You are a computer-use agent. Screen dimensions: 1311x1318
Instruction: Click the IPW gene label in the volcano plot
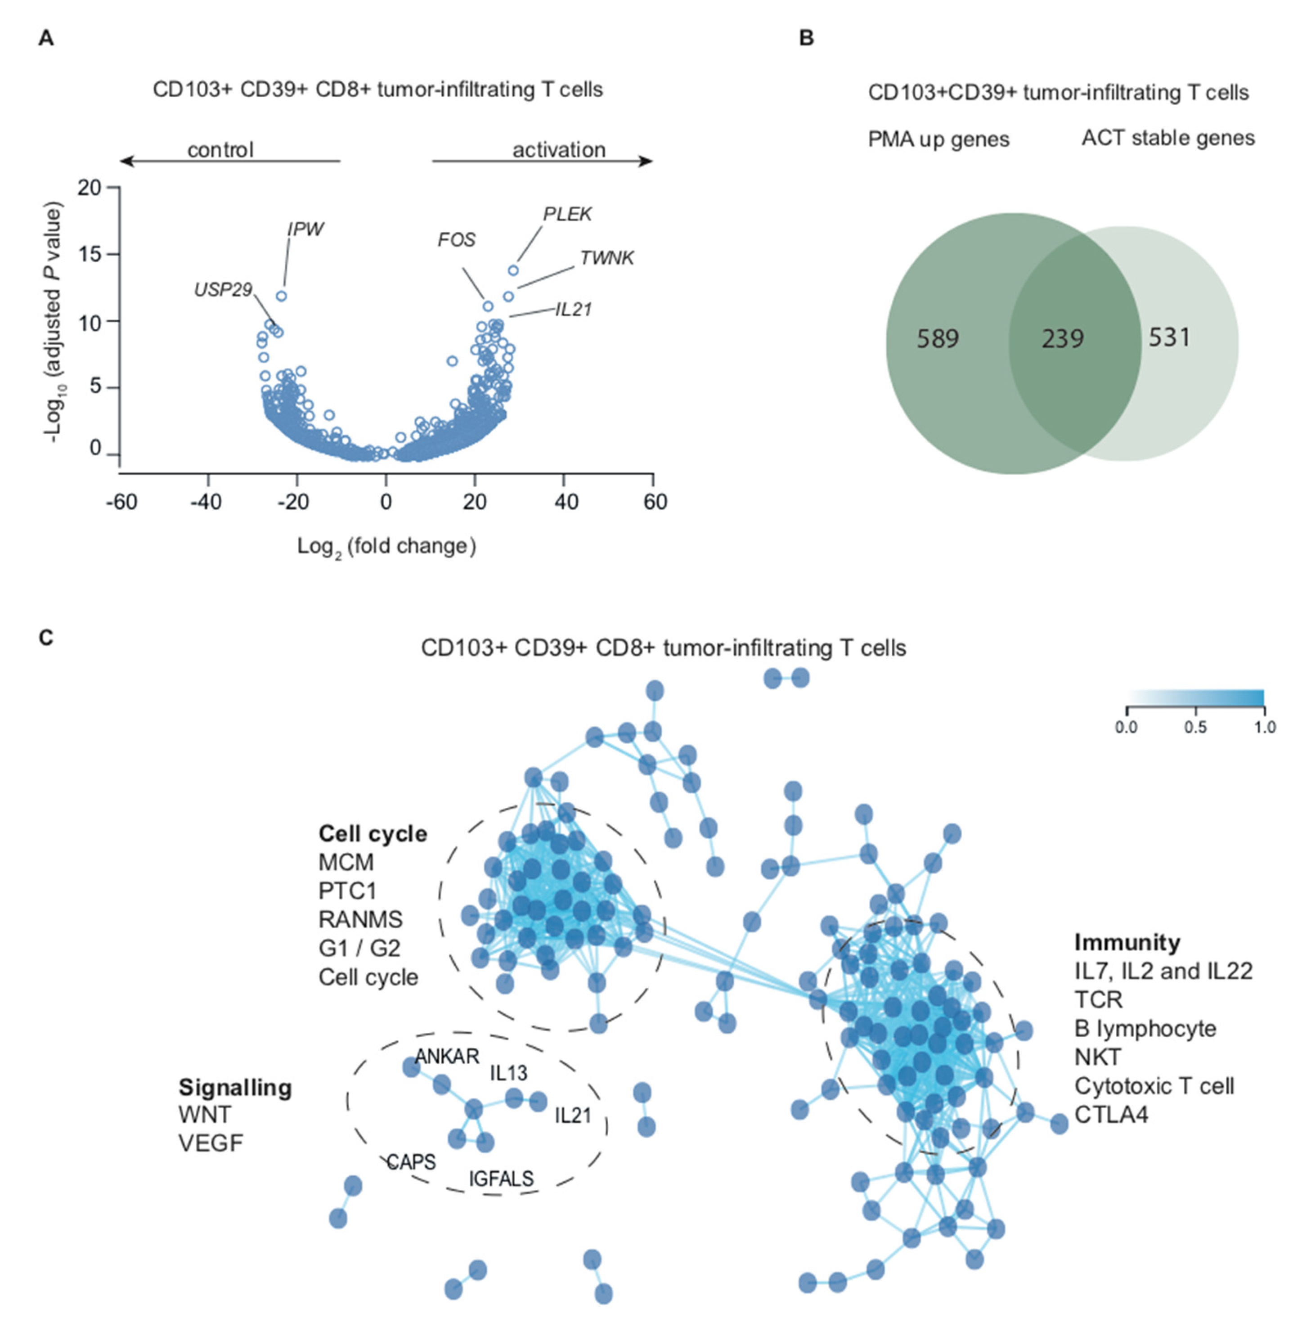pos(305,229)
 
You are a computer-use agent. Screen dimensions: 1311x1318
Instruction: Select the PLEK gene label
pos(567,214)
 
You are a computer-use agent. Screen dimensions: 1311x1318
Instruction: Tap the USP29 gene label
pos(223,290)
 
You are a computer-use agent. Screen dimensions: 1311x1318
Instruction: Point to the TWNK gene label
pos(607,258)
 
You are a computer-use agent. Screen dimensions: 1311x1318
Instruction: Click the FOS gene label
pos(456,239)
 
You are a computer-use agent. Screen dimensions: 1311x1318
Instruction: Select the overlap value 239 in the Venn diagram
pos(1062,338)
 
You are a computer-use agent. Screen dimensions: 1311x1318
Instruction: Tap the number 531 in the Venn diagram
pos(1169,337)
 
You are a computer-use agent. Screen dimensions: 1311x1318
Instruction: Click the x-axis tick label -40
pos(205,502)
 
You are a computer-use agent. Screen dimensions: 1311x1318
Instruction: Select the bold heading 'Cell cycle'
pos(373,834)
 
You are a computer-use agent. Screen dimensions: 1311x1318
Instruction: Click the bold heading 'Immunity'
pos(1127,942)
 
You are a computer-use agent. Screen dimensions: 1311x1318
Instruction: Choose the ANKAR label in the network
pos(447,1056)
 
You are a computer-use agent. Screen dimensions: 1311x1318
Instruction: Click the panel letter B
pos(806,38)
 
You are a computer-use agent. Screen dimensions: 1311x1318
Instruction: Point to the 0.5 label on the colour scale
pos(1195,727)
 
